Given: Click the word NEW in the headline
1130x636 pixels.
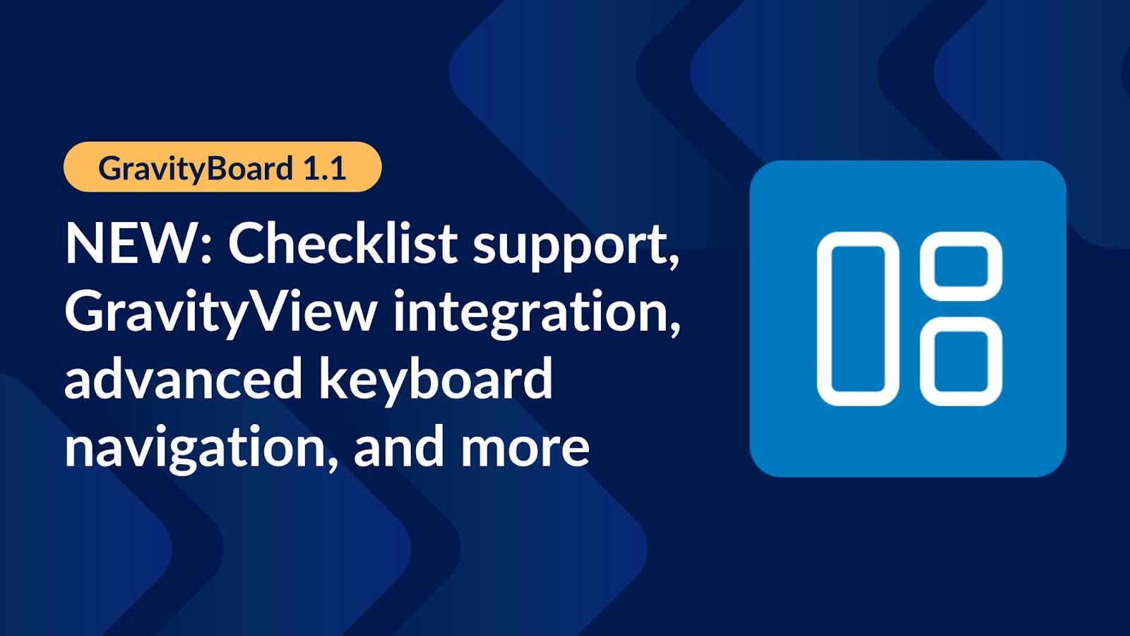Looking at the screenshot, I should [131, 245].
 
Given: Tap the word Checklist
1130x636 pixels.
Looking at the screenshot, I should [343, 245].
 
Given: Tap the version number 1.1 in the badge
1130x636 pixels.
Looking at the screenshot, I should [324, 168].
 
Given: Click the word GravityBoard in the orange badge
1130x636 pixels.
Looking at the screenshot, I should [196, 169].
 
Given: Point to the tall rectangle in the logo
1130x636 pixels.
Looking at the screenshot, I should [857, 319].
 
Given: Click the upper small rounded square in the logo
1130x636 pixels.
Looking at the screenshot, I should [961, 266].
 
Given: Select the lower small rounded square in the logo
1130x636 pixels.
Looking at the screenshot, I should [961, 361].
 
